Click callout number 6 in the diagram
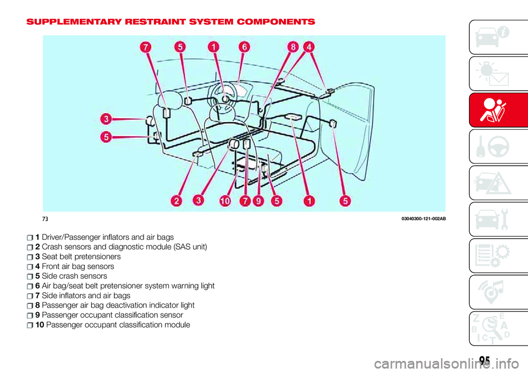click(244, 47)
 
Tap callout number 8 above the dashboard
click(293, 47)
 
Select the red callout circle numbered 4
click(309, 47)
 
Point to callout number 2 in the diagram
click(176, 201)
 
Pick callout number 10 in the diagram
click(225, 201)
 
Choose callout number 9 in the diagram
click(258, 201)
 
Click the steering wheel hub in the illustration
click(224, 98)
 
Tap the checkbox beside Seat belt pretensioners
click(30, 257)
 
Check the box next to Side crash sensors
click(30, 277)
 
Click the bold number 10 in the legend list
click(40, 325)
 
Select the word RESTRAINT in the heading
click(154, 22)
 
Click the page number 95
click(485, 360)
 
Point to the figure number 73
click(45, 219)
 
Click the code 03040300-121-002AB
click(424, 219)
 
